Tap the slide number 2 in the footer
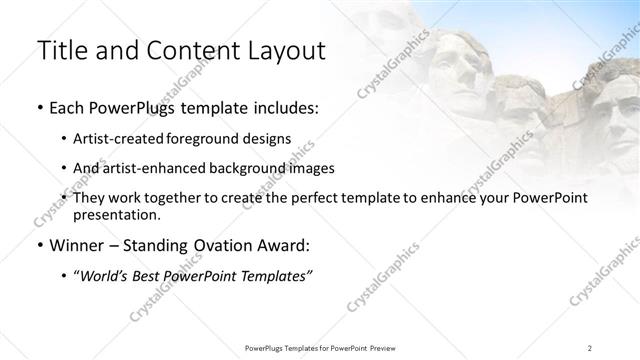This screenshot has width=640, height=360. [590, 347]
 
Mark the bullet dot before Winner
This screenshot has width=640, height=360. [38, 246]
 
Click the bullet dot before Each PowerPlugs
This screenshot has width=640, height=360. [38, 108]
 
